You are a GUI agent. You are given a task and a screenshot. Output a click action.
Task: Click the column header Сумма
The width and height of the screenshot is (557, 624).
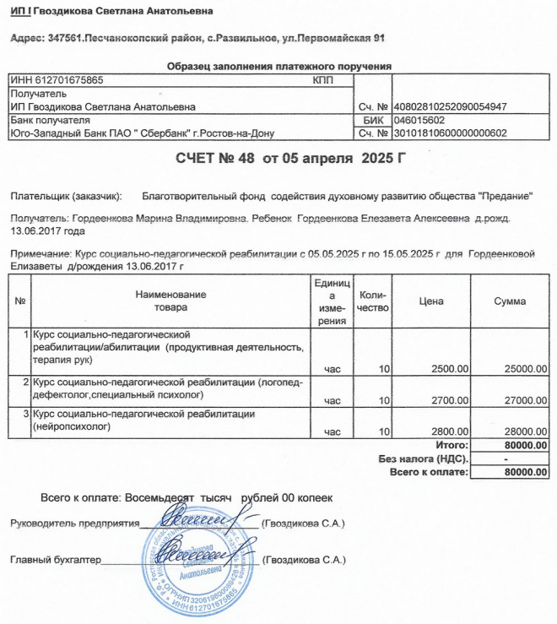pyautogui.click(x=511, y=301)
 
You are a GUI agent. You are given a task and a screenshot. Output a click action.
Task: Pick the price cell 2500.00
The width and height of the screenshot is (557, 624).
pyautogui.click(x=446, y=369)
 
